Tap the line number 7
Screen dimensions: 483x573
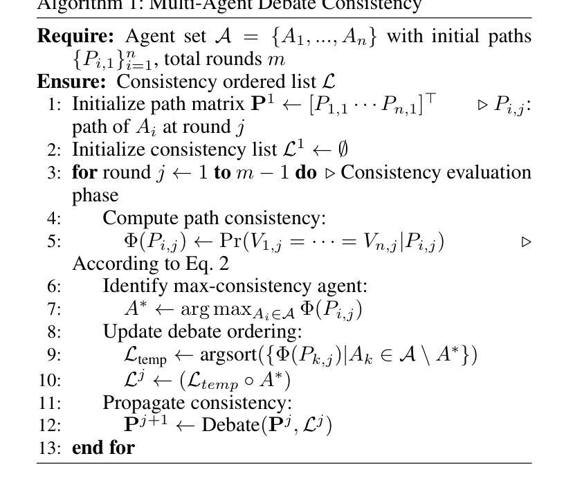click(55, 309)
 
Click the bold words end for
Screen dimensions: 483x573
click(103, 447)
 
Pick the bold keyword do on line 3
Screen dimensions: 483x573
click(305, 172)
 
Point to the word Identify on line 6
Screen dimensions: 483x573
click(129, 286)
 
